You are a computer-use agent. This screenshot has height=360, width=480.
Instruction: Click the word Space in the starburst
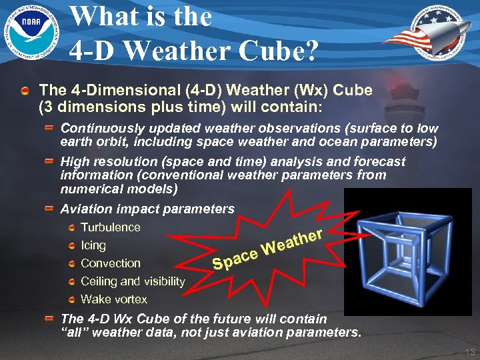tap(235, 260)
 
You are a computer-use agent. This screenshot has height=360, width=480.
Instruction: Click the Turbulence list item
tap(111, 227)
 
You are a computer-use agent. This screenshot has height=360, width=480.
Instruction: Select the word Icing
tap(93, 245)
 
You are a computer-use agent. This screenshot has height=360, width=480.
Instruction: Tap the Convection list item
tap(111, 263)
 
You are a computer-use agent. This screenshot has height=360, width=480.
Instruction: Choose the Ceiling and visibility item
tap(133, 281)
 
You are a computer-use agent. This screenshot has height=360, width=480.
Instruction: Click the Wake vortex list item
tap(114, 299)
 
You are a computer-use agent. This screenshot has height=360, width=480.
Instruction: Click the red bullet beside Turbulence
tap(72, 228)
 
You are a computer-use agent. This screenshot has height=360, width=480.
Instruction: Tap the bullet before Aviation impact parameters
tap(50, 209)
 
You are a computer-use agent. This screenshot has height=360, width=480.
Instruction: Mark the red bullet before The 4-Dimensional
tap(25, 90)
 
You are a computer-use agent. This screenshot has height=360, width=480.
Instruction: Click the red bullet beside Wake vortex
tap(72, 300)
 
